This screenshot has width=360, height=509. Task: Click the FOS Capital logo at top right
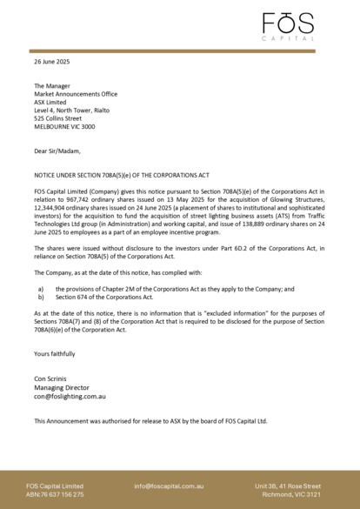(x=289, y=26)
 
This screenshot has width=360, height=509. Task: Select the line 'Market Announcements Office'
(x=76, y=94)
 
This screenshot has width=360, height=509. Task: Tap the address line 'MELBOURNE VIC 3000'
(x=64, y=126)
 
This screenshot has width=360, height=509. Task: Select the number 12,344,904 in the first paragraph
(x=52, y=211)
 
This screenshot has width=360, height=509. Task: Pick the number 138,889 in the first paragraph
(x=250, y=224)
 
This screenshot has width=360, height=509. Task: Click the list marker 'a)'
(x=39, y=288)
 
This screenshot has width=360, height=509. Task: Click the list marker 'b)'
(x=39, y=297)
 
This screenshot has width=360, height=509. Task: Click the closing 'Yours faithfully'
(x=55, y=354)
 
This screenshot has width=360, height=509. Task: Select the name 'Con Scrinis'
(x=50, y=378)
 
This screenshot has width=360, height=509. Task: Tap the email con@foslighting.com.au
(x=70, y=396)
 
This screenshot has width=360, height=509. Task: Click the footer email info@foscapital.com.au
(x=169, y=486)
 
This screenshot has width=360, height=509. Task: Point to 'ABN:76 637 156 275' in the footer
(x=55, y=494)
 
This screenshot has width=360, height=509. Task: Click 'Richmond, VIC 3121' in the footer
(x=293, y=494)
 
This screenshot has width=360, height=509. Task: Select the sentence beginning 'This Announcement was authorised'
(x=150, y=421)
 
